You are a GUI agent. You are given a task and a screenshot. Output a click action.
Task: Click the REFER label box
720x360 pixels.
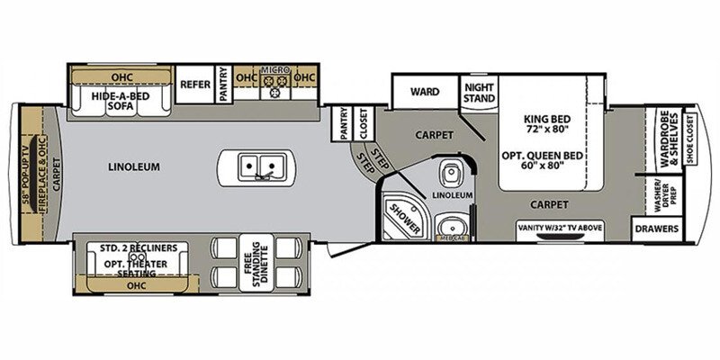click(x=194, y=85)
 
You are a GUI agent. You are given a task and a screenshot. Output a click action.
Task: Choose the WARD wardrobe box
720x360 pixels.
click(x=424, y=91)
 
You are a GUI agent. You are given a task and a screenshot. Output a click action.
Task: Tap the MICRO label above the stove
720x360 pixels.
click(x=273, y=69)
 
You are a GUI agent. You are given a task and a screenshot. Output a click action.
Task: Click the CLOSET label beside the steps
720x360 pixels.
click(x=363, y=124)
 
